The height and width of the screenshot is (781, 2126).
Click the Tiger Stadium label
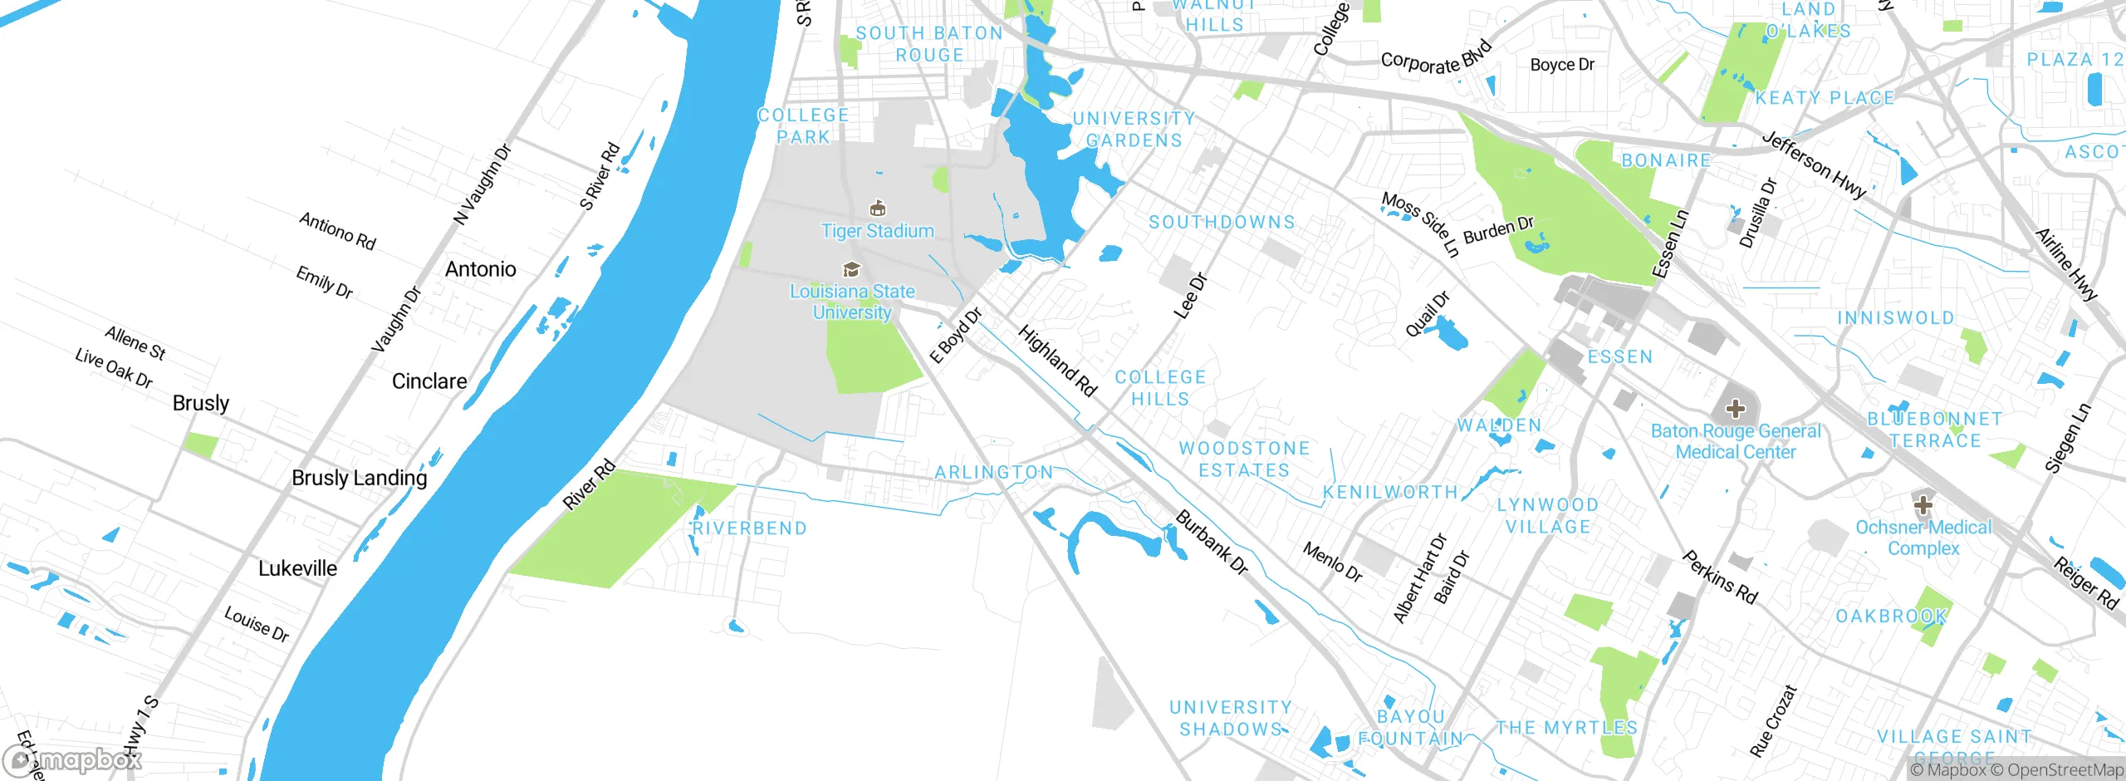(877, 231)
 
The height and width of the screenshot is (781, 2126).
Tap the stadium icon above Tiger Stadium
(877, 208)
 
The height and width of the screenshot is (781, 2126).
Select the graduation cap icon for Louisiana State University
(851, 269)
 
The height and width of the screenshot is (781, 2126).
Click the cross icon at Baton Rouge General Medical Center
(1735, 409)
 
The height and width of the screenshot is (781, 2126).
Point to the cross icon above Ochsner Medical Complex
(1923, 504)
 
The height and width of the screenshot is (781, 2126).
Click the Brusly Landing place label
(359, 478)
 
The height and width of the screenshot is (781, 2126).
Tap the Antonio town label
(480, 269)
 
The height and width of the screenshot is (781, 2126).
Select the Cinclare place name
(429, 381)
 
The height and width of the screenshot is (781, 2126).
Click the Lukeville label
(297, 568)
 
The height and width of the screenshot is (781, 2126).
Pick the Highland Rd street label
(1057, 361)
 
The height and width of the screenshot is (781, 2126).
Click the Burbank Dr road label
(1212, 543)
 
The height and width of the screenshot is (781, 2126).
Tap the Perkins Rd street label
(1720, 577)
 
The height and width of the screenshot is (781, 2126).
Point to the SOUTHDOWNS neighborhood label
(1222, 222)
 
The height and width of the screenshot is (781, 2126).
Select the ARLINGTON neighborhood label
(993, 472)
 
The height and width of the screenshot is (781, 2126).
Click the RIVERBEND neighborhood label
(749, 528)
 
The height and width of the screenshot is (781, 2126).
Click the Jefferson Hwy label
(1815, 165)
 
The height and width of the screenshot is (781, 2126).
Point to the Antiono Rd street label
(337, 231)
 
